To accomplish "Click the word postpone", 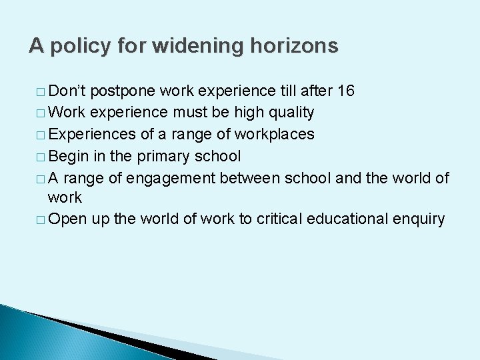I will (x=121, y=91).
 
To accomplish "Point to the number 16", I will (x=346, y=91).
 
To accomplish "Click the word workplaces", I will (x=273, y=134).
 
